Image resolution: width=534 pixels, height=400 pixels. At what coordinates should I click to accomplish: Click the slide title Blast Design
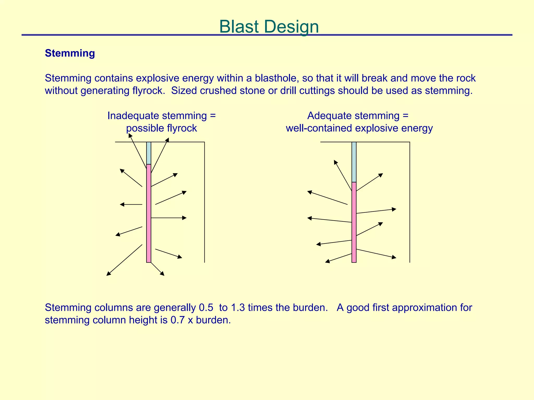269,27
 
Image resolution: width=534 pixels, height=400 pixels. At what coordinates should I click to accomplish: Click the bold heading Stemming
70,53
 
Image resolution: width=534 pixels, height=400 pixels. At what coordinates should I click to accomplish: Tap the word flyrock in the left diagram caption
181,128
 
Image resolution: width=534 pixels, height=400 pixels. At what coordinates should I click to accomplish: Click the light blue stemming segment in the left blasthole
149,153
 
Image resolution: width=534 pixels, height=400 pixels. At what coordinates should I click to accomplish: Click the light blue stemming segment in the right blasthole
354,162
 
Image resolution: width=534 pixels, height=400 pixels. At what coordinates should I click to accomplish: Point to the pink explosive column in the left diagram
149,214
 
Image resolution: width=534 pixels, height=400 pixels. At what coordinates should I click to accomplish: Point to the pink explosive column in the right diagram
354,222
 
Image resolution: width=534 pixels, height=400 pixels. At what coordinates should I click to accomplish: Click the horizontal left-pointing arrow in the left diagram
131,204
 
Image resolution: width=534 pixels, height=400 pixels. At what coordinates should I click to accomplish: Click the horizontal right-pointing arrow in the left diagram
168,218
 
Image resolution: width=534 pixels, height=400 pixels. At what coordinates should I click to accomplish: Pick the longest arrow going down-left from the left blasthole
124,260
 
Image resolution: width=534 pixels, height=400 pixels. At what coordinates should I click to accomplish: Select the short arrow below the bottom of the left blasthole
157,269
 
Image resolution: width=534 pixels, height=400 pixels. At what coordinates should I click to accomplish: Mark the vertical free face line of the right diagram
410,202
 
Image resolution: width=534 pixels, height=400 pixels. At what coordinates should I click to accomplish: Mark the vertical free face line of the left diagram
204,202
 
